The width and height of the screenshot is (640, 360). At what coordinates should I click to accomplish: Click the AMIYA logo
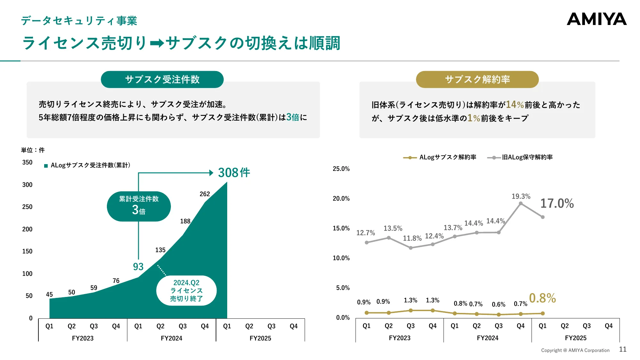[x=596, y=19]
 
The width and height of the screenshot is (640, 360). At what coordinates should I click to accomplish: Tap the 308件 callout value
[x=234, y=173]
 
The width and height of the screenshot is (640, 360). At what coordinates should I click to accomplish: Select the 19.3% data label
[x=521, y=196]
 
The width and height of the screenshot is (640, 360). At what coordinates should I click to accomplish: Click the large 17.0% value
[x=557, y=204]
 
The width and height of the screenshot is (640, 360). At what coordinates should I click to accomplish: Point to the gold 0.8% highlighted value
[x=542, y=298]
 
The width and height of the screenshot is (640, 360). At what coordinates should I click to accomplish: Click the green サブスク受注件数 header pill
[x=162, y=79]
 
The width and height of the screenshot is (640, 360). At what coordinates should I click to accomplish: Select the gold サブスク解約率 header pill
[x=477, y=79]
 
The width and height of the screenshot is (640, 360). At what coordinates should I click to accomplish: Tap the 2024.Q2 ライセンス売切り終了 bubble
[x=186, y=291]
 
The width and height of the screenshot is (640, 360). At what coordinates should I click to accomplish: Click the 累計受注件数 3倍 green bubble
[x=139, y=206]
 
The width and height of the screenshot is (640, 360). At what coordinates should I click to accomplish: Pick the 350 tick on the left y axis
[x=27, y=162]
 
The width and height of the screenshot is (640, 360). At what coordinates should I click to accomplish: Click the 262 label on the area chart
[x=204, y=194]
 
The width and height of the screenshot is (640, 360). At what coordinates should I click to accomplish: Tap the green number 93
[x=138, y=267]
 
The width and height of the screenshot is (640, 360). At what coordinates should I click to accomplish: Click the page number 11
[x=622, y=349]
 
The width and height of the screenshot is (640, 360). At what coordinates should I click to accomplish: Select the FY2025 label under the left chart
[x=260, y=338]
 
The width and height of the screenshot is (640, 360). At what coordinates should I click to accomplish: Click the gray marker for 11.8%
[x=411, y=248]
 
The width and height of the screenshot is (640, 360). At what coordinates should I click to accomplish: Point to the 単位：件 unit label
[x=33, y=150]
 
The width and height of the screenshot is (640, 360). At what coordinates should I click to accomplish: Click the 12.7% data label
[x=365, y=233]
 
